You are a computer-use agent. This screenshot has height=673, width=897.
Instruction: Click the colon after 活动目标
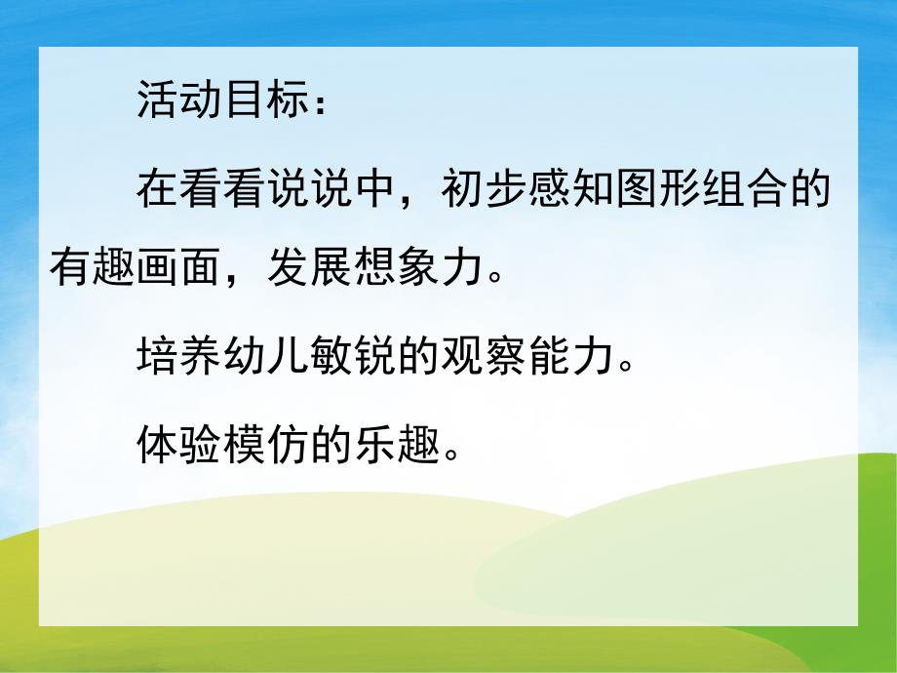[323, 105]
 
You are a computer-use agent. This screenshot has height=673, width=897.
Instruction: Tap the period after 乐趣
[449, 456]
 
